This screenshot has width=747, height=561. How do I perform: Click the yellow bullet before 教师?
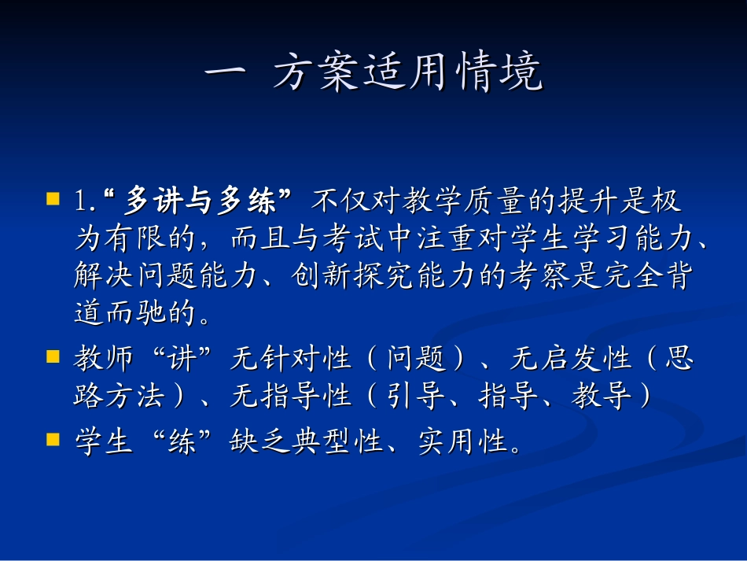coord(53,356)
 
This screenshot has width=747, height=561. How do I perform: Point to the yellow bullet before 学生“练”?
coord(53,438)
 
